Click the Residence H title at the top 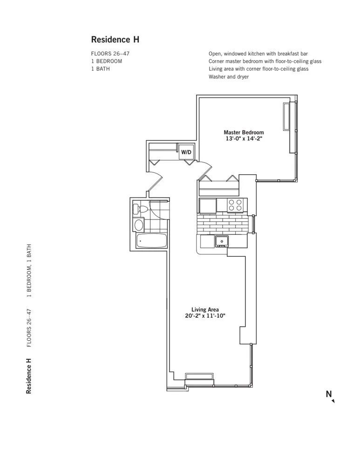tap(115, 40)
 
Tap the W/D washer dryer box tap(186, 152)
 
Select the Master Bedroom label tap(244, 132)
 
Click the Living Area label tap(205, 309)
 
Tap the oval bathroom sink tap(139, 226)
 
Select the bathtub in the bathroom tap(151, 241)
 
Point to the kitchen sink tap(221, 241)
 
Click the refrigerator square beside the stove tap(208, 206)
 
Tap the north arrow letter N tap(329, 394)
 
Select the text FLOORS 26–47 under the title tap(110, 54)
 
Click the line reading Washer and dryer tap(229, 76)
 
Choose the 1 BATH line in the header tap(101, 69)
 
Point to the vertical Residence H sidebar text tap(29, 376)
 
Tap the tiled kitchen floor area tap(224, 224)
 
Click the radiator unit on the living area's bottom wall tap(199, 377)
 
